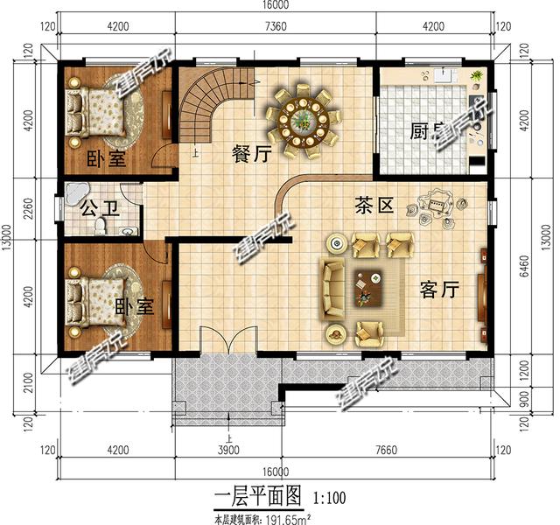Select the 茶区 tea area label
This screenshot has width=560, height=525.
click(374, 206)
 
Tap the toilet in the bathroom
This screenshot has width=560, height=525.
click(101, 227)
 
